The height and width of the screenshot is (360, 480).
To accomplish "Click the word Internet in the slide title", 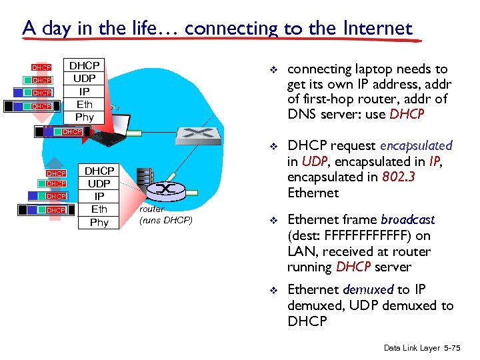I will [377, 28].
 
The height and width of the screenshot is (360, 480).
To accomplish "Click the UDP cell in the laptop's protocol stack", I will [85, 78].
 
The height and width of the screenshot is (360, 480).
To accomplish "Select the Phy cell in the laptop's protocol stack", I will [85, 117].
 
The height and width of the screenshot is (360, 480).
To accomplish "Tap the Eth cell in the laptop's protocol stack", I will [85, 104].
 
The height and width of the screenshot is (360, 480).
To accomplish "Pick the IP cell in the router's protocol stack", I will [99, 197].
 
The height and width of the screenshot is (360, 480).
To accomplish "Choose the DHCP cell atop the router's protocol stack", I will [99, 171].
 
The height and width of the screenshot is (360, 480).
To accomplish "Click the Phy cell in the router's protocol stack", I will [99, 222].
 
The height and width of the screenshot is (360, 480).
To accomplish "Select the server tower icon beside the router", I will [145, 183].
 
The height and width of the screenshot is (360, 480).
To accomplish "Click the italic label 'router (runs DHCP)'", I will [165, 215].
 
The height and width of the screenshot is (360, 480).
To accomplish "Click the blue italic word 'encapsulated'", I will [416, 145].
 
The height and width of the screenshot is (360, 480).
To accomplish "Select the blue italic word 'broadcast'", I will [407, 219].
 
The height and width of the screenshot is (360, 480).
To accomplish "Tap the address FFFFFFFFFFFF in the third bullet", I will [363, 235].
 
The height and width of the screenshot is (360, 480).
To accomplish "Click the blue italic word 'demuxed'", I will [368, 289].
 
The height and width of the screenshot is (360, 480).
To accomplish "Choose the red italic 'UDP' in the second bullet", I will [315, 161].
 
